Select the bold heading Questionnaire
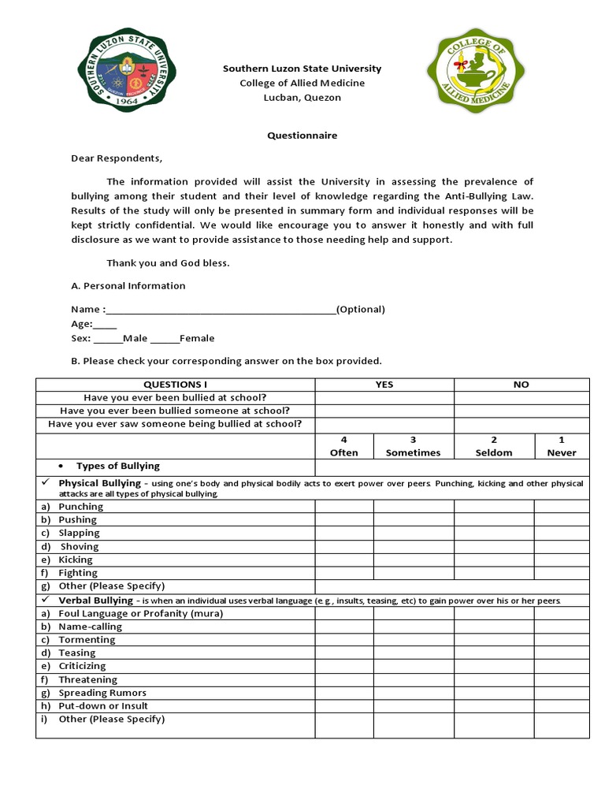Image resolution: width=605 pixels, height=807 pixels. click(302, 136)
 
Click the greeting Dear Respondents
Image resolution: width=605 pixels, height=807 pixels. click(116, 158)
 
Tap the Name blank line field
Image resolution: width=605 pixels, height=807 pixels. click(221, 310)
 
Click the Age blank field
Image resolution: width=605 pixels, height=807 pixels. click(106, 324)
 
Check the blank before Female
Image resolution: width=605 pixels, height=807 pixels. click(165, 339)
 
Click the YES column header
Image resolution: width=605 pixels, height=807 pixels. click(384, 385)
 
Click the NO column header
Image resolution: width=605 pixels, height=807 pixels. click(521, 385)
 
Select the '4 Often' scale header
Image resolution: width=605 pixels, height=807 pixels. click(343, 446)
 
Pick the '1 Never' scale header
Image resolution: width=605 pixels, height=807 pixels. click(561, 446)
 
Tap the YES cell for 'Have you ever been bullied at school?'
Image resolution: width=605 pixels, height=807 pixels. click(384, 398)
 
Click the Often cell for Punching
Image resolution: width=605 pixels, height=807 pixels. click(343, 507)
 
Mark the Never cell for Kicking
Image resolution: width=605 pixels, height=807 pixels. click(561, 560)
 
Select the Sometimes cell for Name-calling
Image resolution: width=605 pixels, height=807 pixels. click(413, 627)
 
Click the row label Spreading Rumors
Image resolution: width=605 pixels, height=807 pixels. click(102, 693)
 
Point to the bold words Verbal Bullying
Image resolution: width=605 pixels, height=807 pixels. click(96, 601)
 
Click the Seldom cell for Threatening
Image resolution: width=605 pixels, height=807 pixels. click(493, 679)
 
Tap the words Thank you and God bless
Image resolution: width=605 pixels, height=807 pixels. click(168, 263)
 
